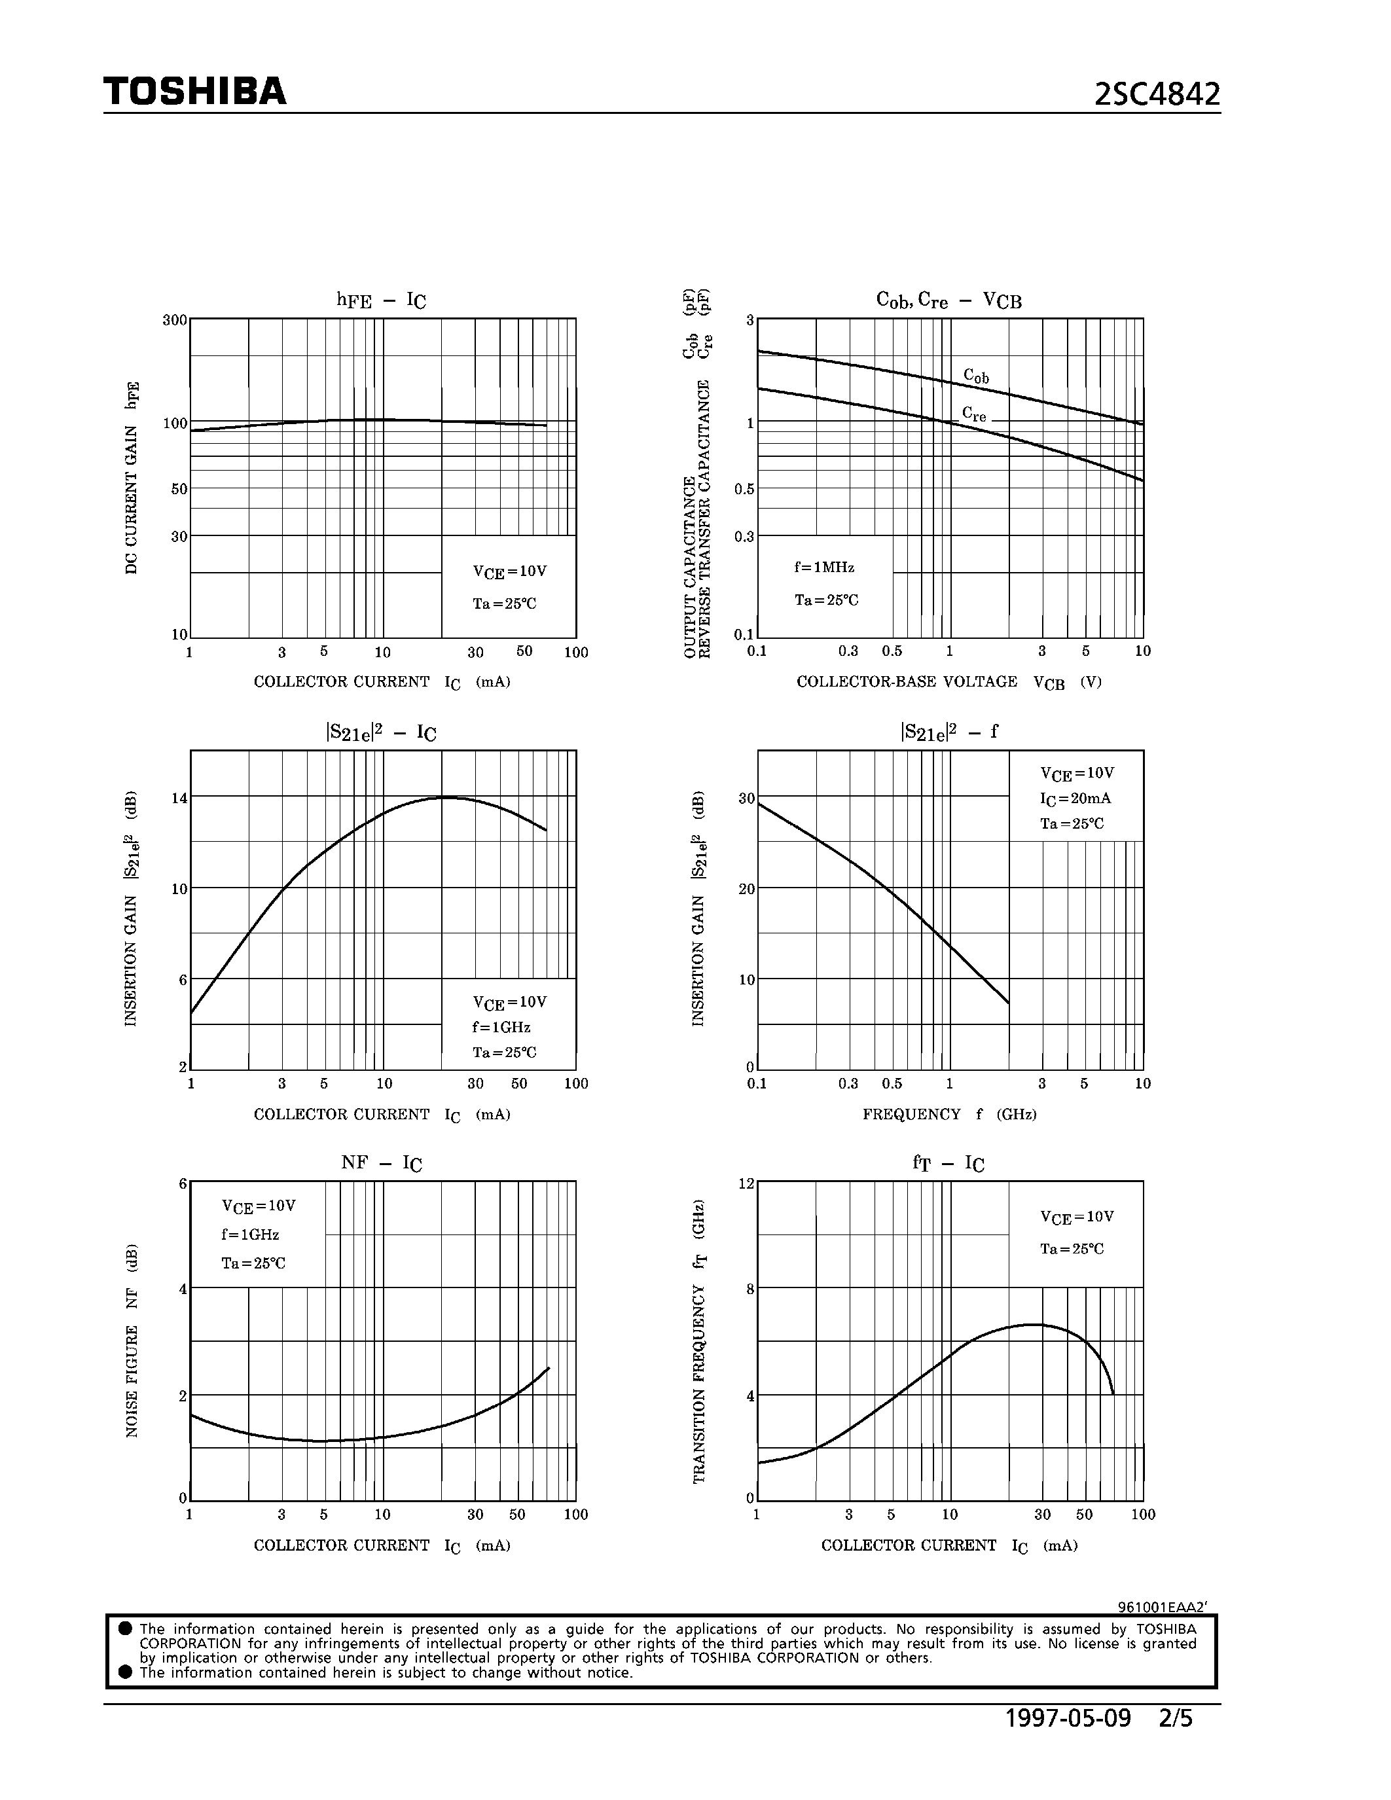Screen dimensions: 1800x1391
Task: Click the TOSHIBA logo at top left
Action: coord(194,92)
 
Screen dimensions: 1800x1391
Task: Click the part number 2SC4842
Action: coord(1156,95)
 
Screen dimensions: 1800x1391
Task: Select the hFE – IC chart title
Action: coord(381,300)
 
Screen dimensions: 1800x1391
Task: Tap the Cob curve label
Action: coord(976,376)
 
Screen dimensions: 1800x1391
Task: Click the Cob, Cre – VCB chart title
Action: coord(948,300)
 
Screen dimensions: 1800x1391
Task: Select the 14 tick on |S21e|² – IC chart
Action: coord(179,798)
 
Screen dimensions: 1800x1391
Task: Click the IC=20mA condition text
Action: coord(1075,798)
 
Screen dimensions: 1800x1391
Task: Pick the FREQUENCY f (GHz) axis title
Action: coord(949,1114)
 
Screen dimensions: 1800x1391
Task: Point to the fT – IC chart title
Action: coord(948,1163)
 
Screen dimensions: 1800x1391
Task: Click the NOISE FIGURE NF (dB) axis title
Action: coord(132,1340)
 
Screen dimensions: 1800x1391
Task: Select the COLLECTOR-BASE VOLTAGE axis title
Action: coord(948,681)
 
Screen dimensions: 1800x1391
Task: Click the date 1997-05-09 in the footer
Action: coord(1068,1718)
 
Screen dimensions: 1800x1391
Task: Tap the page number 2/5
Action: coord(1175,1718)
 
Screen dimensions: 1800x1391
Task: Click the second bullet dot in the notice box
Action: coord(125,1672)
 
